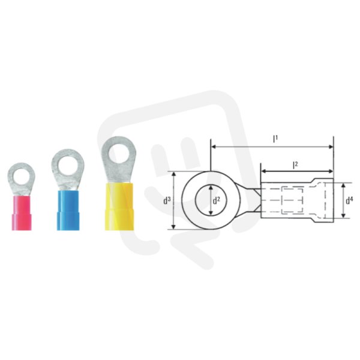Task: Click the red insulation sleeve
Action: pos(22,212)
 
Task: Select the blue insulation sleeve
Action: pos(68,210)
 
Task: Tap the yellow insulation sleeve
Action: pos(119,206)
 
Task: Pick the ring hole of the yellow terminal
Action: pos(119,153)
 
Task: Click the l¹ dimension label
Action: pos(275,139)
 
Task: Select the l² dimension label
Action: pos(295,165)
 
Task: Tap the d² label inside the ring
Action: pos(216,201)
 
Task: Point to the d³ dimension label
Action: pos(167,200)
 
